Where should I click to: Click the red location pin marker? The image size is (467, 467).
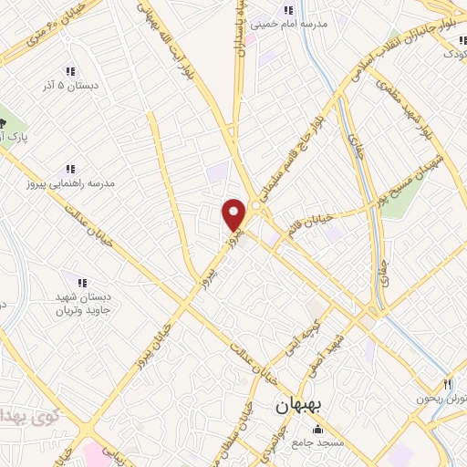coord(234,214)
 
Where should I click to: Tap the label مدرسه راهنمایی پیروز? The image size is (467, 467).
coord(86,183)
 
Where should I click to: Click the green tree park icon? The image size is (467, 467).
coord(4,121)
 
